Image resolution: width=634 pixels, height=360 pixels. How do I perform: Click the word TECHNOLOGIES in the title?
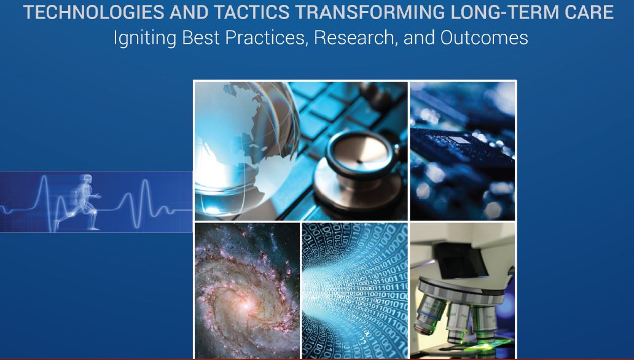tap(93, 12)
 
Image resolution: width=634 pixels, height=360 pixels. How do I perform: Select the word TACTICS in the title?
tap(251, 12)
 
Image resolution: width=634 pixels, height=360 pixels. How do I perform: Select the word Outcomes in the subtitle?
tap(484, 37)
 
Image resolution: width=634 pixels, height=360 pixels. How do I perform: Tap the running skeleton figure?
tap(81, 202)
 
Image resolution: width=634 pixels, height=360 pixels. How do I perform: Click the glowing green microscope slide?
tap(485, 345)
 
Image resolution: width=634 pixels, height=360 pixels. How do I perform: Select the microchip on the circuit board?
tap(459, 140)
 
